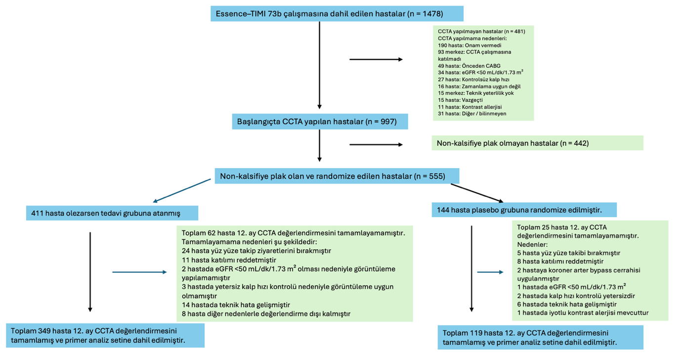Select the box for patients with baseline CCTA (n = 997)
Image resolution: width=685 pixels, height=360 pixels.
click(x=320, y=121)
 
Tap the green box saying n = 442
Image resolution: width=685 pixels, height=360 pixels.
click(x=537, y=143)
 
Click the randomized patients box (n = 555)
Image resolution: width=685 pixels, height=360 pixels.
click(x=337, y=176)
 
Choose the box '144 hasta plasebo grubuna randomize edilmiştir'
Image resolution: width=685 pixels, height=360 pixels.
click(x=524, y=210)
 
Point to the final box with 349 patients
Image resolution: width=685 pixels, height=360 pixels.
click(x=106, y=335)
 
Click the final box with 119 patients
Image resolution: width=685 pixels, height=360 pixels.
click(x=540, y=337)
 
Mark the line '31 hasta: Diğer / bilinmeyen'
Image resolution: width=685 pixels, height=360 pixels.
click(x=471, y=114)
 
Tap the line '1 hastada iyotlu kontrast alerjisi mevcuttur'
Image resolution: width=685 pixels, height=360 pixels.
click(x=583, y=313)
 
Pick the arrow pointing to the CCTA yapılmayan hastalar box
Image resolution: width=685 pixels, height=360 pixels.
click(x=376, y=59)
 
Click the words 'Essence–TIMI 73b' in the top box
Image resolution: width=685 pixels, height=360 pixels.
click(x=246, y=13)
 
